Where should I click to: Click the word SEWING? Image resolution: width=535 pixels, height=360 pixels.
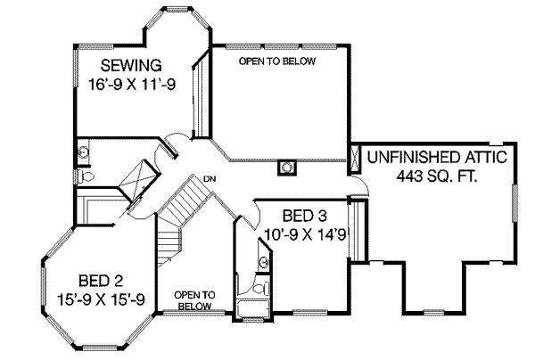coord(130,64)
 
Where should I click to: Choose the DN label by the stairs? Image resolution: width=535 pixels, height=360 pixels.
coord(210,179)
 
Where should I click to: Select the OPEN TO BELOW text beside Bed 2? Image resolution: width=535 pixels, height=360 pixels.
coord(193,299)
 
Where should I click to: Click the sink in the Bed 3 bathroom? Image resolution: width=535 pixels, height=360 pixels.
coord(263,262)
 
